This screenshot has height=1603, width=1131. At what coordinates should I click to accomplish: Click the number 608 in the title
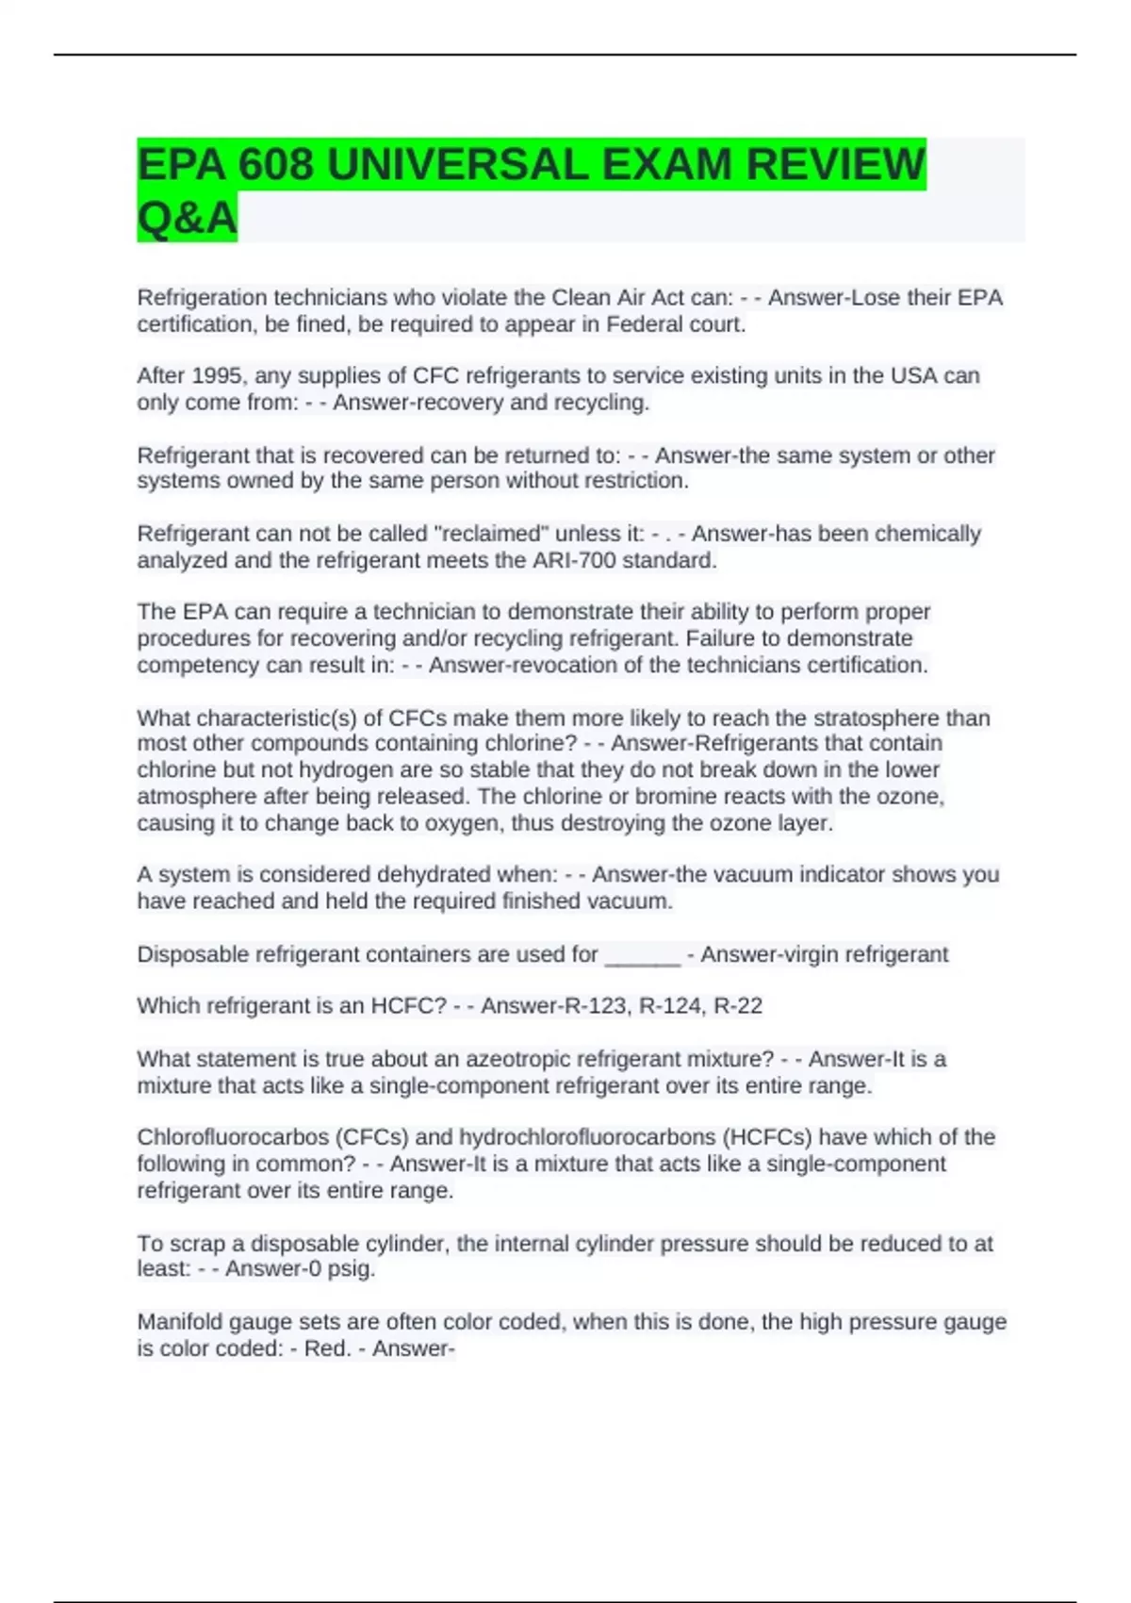[x=275, y=165]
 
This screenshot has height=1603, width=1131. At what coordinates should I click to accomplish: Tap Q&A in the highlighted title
[x=187, y=218]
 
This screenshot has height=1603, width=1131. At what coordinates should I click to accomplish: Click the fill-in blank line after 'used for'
[x=642, y=955]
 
